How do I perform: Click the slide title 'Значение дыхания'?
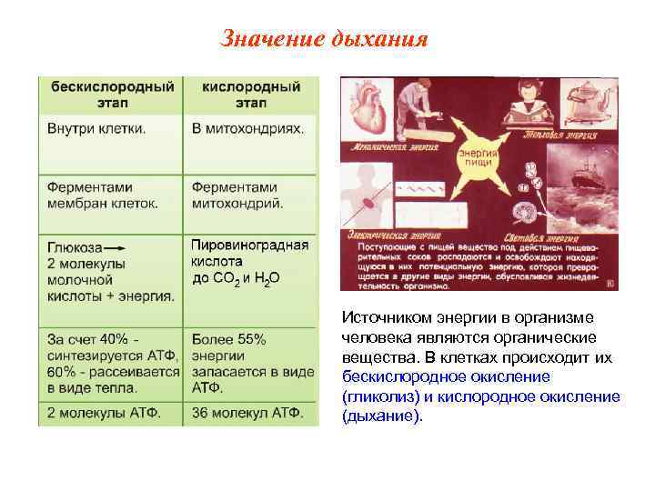[x=324, y=41]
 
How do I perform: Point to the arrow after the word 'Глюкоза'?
[x=116, y=248]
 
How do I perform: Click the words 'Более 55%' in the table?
[x=229, y=339]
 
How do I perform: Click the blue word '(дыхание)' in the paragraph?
[x=382, y=416]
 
